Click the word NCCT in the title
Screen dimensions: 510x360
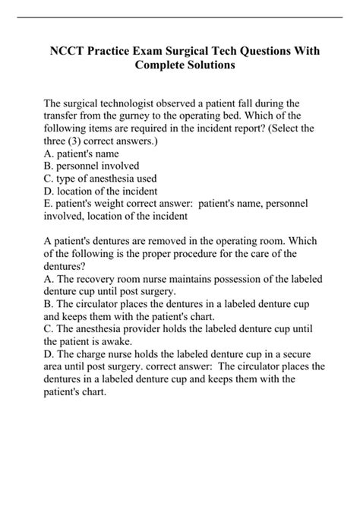pos(71,51)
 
